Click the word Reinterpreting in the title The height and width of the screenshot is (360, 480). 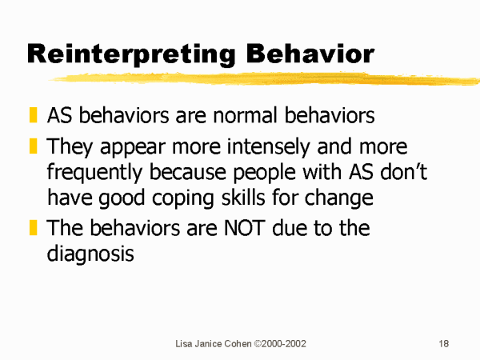point(131,54)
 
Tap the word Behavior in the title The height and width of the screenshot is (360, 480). point(310,54)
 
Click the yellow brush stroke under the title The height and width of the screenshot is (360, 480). point(265,78)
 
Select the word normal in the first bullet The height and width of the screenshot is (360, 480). point(246,115)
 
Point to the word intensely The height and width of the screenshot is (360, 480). point(268,147)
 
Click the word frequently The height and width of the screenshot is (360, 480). point(94,173)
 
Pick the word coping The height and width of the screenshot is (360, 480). point(182,199)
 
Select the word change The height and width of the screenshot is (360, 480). point(338,199)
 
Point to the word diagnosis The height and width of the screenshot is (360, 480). point(90,254)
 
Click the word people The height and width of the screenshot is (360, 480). point(264,173)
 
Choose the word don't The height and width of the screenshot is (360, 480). point(403,172)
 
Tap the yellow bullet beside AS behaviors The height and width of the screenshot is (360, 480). point(33,114)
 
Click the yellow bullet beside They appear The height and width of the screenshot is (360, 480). point(33,146)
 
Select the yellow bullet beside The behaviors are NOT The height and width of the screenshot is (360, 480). point(33,227)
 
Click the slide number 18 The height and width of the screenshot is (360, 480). point(443,344)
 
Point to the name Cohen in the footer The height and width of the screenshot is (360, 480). point(238,344)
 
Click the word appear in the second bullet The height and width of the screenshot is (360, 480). point(133,148)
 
